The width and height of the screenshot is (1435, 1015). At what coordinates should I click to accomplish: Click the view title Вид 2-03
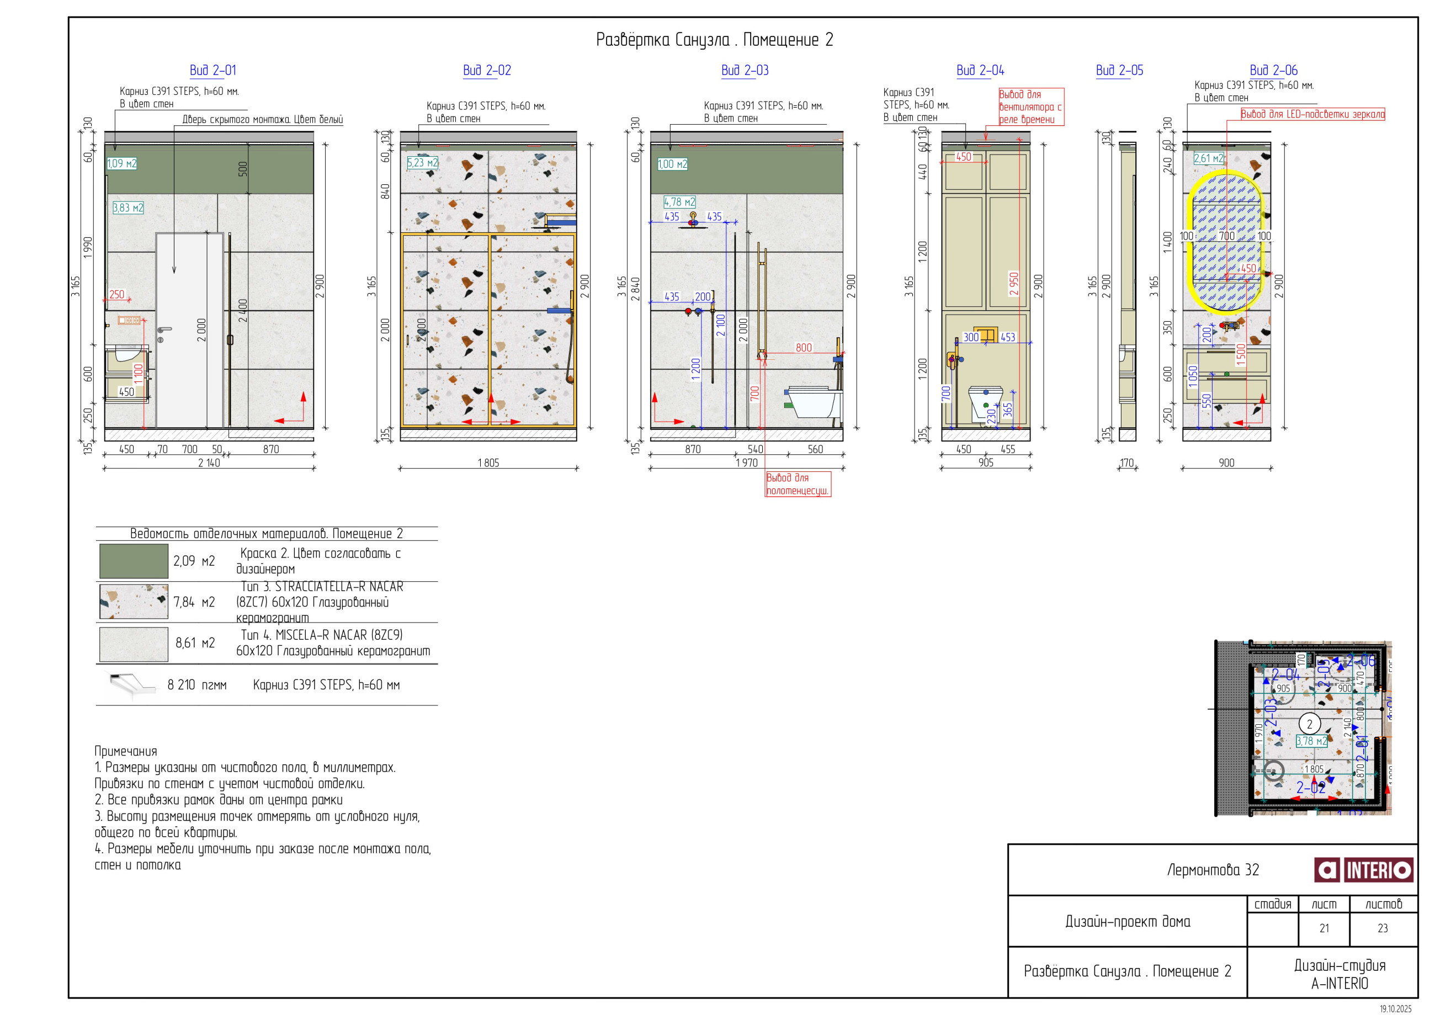(x=745, y=71)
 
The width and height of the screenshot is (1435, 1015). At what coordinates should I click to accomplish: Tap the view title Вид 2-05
(x=1119, y=71)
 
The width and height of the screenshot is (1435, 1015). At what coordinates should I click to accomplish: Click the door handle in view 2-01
(x=164, y=330)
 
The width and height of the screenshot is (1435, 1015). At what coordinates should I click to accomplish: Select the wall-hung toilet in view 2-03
(x=812, y=402)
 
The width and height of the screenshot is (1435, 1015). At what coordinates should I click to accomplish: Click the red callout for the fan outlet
(x=1030, y=107)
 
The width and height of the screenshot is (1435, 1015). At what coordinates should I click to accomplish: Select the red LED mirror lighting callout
(x=1312, y=114)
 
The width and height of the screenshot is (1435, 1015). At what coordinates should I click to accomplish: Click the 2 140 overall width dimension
(x=209, y=463)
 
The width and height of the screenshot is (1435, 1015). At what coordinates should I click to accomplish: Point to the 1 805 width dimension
(x=488, y=463)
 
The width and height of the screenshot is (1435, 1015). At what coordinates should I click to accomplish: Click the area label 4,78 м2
(x=679, y=203)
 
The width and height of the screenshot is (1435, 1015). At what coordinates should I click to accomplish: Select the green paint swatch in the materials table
(x=134, y=561)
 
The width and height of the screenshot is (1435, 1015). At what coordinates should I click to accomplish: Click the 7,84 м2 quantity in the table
(x=194, y=602)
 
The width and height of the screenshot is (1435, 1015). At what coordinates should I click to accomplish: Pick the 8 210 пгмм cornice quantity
(x=197, y=685)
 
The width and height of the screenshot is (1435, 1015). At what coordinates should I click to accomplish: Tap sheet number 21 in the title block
(x=1324, y=929)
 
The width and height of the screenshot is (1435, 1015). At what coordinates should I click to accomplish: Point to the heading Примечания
(x=126, y=751)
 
